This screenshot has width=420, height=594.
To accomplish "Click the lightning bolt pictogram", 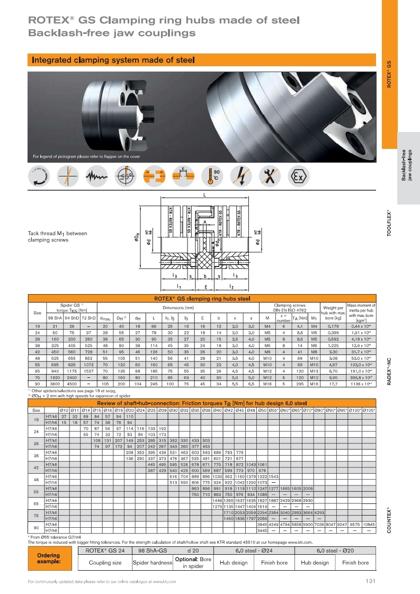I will [x=242, y=176].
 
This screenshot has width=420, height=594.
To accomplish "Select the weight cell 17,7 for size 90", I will [x=334, y=398].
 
